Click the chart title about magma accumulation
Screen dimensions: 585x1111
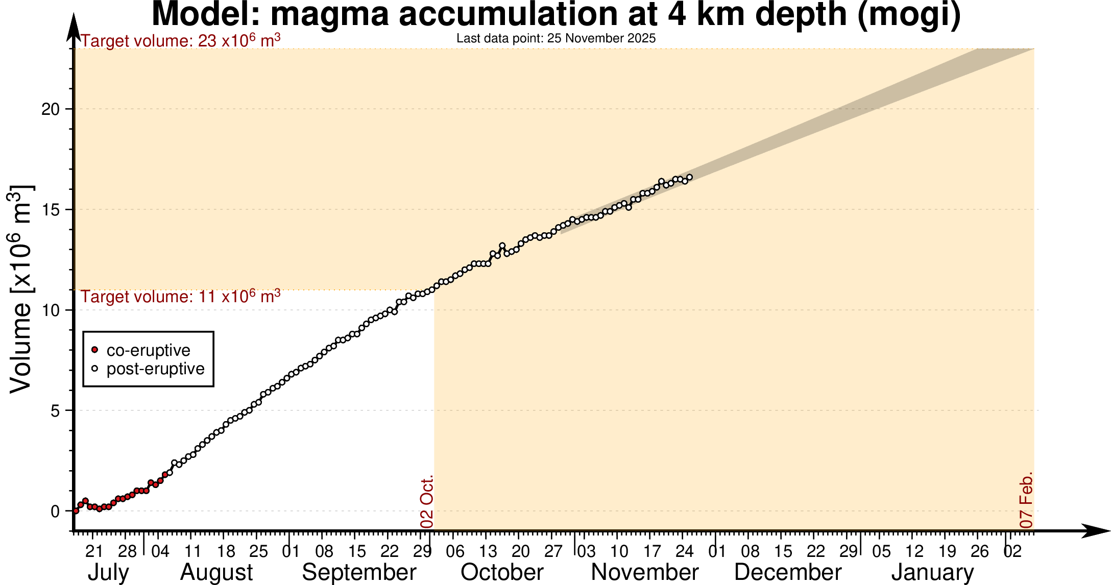click(x=556, y=14)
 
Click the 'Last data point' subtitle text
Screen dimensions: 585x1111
click(x=556, y=38)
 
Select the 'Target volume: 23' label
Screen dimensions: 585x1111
click(x=181, y=41)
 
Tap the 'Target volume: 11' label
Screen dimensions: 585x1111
click(x=181, y=297)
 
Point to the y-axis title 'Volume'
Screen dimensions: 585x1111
click(x=21, y=289)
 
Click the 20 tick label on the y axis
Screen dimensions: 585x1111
click(x=51, y=109)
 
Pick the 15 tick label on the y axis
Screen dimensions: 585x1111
click(x=51, y=210)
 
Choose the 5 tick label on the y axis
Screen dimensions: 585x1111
click(x=55, y=411)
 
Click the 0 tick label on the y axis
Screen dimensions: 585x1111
click(x=55, y=511)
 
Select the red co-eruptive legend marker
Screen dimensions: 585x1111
click(x=94, y=350)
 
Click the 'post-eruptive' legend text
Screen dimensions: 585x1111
click(x=155, y=369)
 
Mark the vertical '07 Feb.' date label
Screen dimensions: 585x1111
click(x=1026, y=500)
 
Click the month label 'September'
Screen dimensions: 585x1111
click(x=359, y=572)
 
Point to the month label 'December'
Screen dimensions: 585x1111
click(x=788, y=572)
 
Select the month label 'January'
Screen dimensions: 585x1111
click(x=933, y=572)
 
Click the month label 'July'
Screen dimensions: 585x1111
click(x=108, y=572)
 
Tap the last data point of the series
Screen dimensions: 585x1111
click(x=690, y=177)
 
